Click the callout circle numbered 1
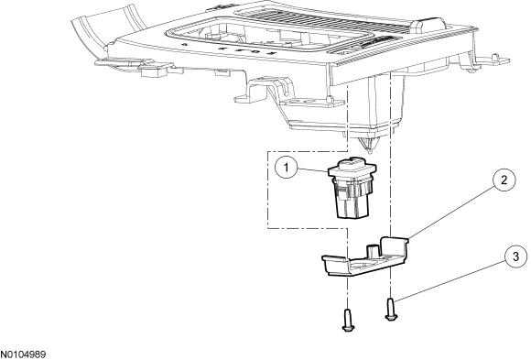tap(287, 167)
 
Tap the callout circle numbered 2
tap(504, 180)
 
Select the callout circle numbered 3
tap(515, 256)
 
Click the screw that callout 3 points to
tap(391, 309)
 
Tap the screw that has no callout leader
tap(348, 320)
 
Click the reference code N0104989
tap(23, 355)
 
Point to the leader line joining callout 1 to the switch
tap(314, 169)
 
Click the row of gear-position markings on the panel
tap(231, 49)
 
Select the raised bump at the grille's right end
tap(428, 25)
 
